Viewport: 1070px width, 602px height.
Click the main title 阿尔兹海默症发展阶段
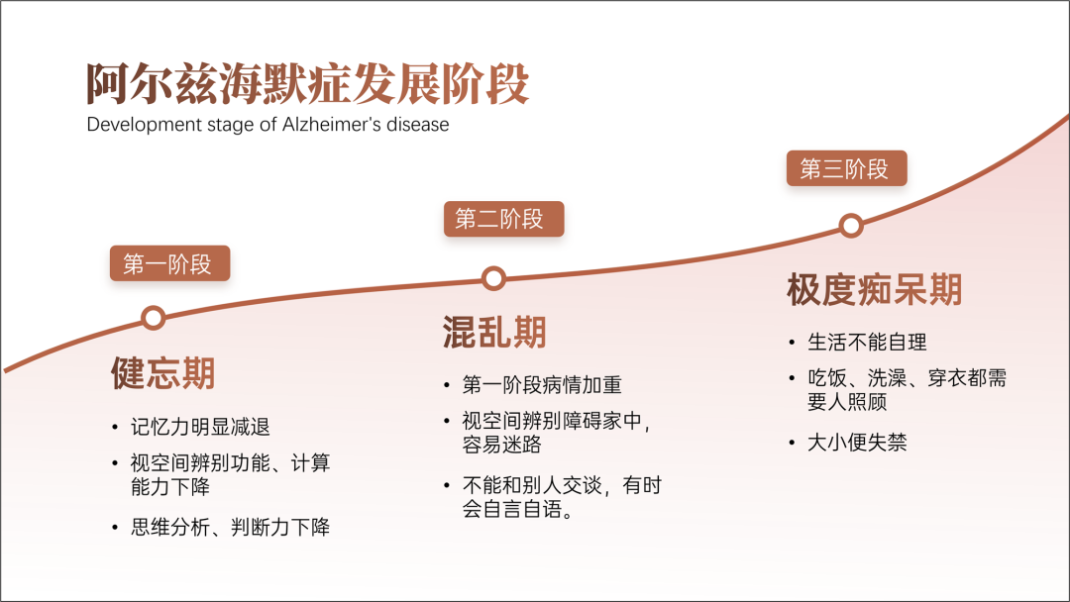pyautogui.click(x=307, y=83)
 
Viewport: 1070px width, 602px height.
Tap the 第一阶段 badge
pyautogui.click(x=170, y=263)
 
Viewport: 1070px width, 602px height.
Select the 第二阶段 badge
pyautogui.click(x=503, y=219)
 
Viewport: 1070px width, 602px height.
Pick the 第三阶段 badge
pyautogui.click(x=846, y=168)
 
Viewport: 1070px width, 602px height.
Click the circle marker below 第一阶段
pyautogui.click(x=154, y=318)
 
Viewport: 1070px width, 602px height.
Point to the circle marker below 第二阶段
pyautogui.click(x=493, y=278)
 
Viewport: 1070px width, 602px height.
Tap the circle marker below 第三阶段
pyautogui.click(x=851, y=226)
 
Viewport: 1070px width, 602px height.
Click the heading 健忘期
pyautogui.click(x=163, y=373)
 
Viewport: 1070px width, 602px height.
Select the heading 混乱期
pyautogui.click(x=494, y=332)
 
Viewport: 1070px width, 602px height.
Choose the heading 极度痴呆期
pyautogui.click(x=874, y=289)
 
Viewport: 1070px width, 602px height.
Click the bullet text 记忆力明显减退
pyautogui.click(x=200, y=427)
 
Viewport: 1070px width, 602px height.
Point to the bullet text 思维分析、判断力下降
pyautogui.click(x=230, y=527)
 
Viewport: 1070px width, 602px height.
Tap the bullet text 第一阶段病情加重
pyautogui.click(x=542, y=384)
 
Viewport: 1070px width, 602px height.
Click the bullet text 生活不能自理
pyautogui.click(x=867, y=342)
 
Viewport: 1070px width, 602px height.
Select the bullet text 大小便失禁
pyautogui.click(x=857, y=443)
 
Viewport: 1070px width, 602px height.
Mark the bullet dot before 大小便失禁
pyautogui.click(x=792, y=444)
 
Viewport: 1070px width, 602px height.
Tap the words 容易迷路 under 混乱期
pyautogui.click(x=501, y=445)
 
